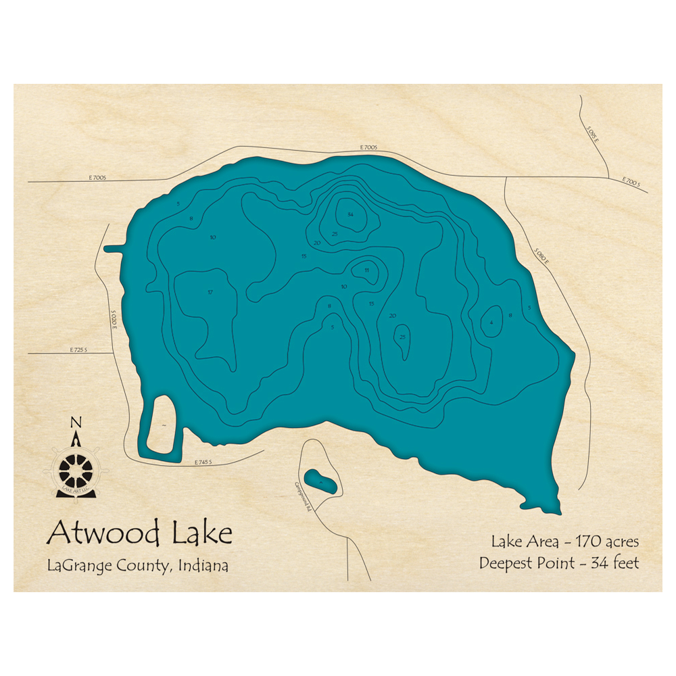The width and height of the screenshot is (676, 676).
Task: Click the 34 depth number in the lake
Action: [x=350, y=214]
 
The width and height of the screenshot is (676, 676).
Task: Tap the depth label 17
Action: [x=210, y=292]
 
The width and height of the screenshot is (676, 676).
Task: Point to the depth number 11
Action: [x=367, y=270]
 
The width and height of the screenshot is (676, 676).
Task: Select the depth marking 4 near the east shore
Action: [x=491, y=322]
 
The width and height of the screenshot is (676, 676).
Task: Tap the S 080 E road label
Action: [x=541, y=258]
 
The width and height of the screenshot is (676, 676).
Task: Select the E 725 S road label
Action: [x=78, y=350]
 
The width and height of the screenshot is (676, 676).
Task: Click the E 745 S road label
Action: [x=203, y=462]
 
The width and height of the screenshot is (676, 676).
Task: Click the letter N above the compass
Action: [x=76, y=423]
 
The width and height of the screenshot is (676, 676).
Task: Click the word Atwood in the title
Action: [x=102, y=533]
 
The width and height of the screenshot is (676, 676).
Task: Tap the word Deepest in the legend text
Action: [x=507, y=562]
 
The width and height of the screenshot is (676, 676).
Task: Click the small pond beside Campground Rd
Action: [x=320, y=482]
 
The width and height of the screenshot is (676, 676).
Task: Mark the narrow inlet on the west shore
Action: [x=114, y=249]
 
